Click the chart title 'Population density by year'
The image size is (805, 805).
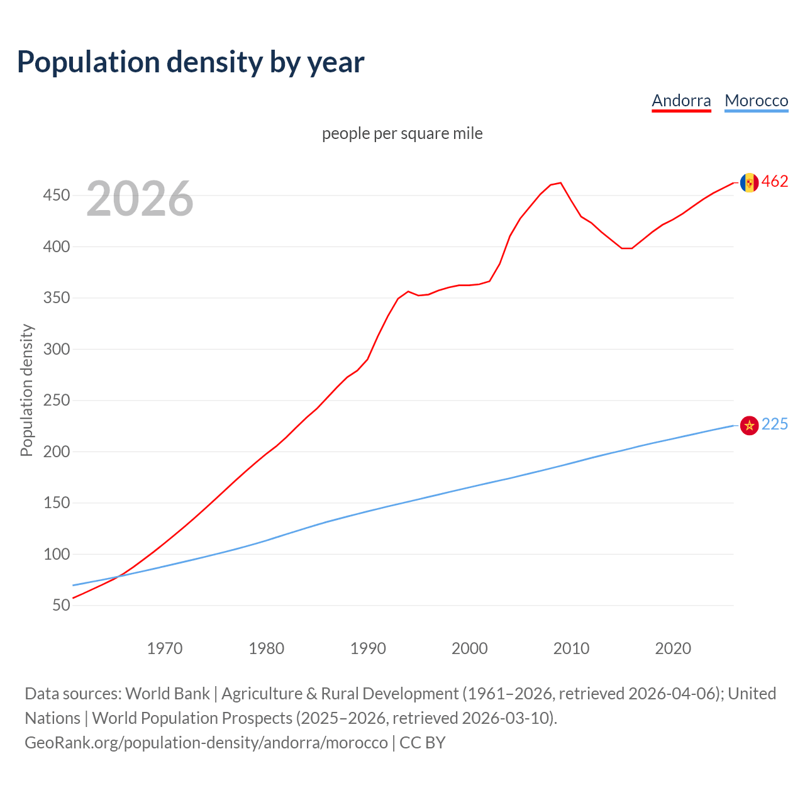pyautogui.click(x=191, y=62)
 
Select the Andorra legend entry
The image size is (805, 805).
pyautogui.click(x=681, y=101)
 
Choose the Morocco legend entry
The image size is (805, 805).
pyautogui.click(x=756, y=101)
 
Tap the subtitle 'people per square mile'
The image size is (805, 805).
pyautogui.click(x=402, y=133)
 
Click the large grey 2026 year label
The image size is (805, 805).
pyautogui.click(x=140, y=199)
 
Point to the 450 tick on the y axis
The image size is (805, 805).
pyautogui.click(x=56, y=196)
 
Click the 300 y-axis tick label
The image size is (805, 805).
pyautogui.click(x=56, y=349)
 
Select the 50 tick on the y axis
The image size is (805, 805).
pyautogui.click(x=61, y=606)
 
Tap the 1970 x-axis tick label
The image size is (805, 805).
pyautogui.click(x=165, y=648)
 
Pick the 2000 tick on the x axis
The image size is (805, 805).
pyautogui.click(x=470, y=648)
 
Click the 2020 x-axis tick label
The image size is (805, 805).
pyautogui.click(x=673, y=648)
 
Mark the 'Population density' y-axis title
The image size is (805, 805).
pyautogui.click(x=26, y=390)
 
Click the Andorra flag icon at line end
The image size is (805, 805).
pyautogui.click(x=749, y=182)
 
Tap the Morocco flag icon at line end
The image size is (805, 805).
pyautogui.click(x=749, y=426)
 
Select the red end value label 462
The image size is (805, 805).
pyautogui.click(x=775, y=182)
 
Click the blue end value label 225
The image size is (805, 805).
pyautogui.click(x=775, y=425)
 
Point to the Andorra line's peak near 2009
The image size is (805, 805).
pyautogui.click(x=560, y=183)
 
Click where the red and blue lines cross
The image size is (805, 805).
pyautogui.click(x=117, y=576)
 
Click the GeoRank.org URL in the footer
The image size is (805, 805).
pyautogui.click(x=206, y=743)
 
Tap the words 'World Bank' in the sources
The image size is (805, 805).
pyautogui.click(x=167, y=694)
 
